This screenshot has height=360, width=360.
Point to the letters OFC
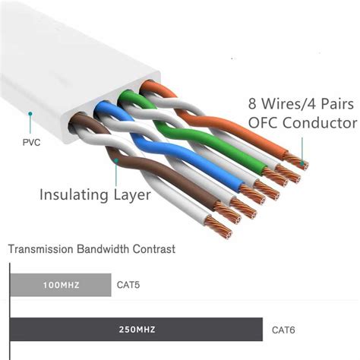(264, 123)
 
